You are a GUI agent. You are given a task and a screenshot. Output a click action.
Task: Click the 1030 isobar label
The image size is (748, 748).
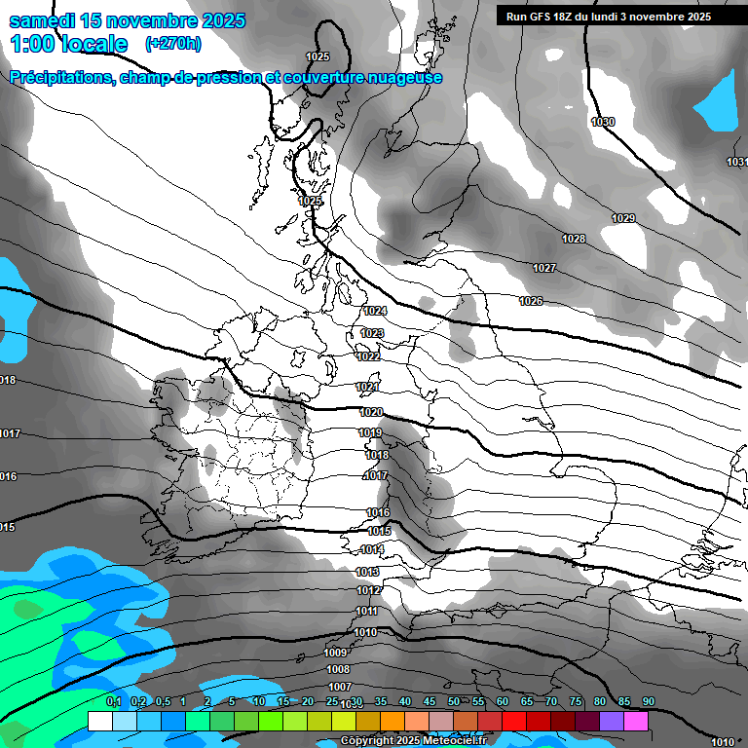[603, 122]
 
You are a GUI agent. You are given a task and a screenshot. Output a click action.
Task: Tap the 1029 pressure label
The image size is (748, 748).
[623, 218]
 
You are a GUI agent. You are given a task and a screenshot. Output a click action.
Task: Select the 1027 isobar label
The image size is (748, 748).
[544, 268]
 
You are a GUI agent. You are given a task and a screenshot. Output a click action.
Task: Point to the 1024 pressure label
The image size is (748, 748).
[375, 311]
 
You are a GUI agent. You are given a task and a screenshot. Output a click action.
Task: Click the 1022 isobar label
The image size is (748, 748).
[368, 356]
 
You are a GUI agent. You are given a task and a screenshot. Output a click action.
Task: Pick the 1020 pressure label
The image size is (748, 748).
[371, 412]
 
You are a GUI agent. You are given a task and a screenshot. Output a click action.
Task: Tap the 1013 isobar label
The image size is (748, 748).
[368, 572]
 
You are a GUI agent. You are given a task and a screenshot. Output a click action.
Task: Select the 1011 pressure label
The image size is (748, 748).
[366, 611]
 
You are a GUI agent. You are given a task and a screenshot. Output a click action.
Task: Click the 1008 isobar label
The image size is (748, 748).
[338, 670]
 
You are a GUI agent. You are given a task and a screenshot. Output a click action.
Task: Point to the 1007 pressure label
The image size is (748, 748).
[339, 688]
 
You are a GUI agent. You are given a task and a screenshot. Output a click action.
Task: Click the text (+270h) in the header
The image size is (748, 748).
[172, 43]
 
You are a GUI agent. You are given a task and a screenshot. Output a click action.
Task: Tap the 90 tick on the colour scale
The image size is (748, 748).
[649, 701]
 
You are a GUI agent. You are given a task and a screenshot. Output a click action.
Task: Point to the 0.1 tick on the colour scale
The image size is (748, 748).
[113, 701]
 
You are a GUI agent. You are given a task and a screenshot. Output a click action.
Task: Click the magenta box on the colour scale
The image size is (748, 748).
[636, 721]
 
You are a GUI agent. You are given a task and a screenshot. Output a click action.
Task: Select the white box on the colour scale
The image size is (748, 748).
[100, 721]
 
